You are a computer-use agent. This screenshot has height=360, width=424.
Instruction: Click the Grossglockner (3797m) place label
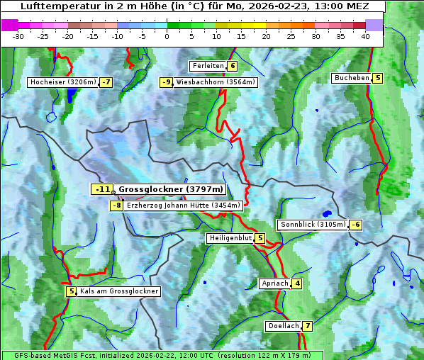(171, 189)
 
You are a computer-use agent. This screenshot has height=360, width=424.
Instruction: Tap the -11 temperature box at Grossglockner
(103, 189)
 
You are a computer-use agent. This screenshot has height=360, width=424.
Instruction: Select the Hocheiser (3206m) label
(63, 82)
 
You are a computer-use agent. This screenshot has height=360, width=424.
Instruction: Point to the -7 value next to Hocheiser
(106, 82)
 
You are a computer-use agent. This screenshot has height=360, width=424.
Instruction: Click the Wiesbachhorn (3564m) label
(216, 82)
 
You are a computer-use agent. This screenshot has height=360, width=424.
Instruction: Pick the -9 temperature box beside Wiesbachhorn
(167, 82)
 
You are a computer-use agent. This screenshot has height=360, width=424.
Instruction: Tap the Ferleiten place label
(208, 66)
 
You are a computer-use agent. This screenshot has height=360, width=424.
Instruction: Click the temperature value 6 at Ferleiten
(233, 66)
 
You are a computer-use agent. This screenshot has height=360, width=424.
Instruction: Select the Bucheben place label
(352, 78)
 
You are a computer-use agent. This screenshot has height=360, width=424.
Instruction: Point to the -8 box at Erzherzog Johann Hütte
(117, 206)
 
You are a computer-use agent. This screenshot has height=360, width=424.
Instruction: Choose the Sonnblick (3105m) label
(313, 225)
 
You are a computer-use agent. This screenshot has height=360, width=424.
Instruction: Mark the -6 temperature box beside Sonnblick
(355, 225)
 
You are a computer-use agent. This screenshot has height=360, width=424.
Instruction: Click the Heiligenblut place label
(230, 238)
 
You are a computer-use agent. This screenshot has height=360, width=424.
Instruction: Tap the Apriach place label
(274, 283)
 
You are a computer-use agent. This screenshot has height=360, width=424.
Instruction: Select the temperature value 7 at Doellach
(307, 327)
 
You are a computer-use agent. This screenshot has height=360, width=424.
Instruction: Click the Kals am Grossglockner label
(119, 291)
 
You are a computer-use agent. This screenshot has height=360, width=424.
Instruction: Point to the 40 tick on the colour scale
(365, 36)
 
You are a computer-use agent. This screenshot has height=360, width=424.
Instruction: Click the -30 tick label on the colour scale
(18, 36)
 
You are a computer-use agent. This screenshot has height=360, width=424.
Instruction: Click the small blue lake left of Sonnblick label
(327, 213)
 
